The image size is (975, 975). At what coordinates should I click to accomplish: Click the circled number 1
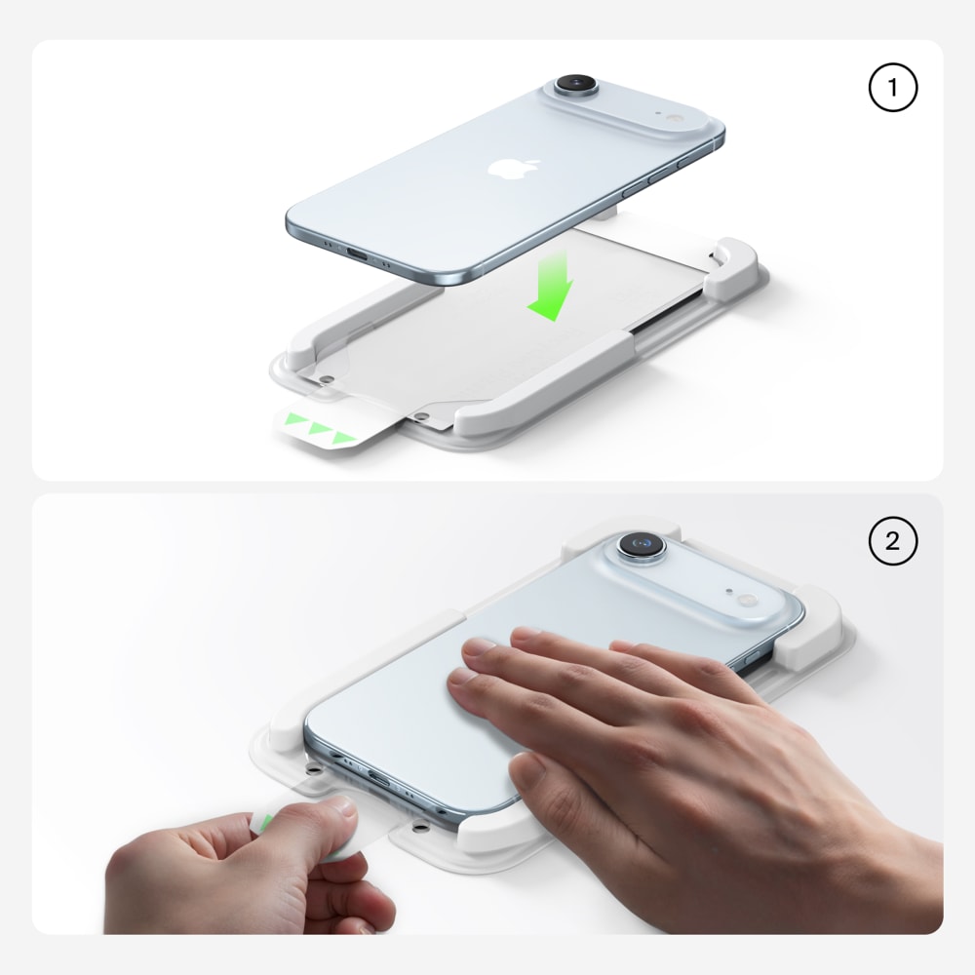(x=892, y=88)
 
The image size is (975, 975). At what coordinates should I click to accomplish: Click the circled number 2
(x=892, y=540)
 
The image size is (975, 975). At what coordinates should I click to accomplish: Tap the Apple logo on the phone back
(x=514, y=168)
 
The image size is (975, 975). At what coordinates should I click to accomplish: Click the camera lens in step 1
(x=576, y=83)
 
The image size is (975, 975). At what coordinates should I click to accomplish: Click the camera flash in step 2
(x=747, y=600)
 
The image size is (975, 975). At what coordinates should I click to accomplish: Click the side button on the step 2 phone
(x=753, y=658)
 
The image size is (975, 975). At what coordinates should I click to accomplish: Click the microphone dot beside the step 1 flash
(x=657, y=114)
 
